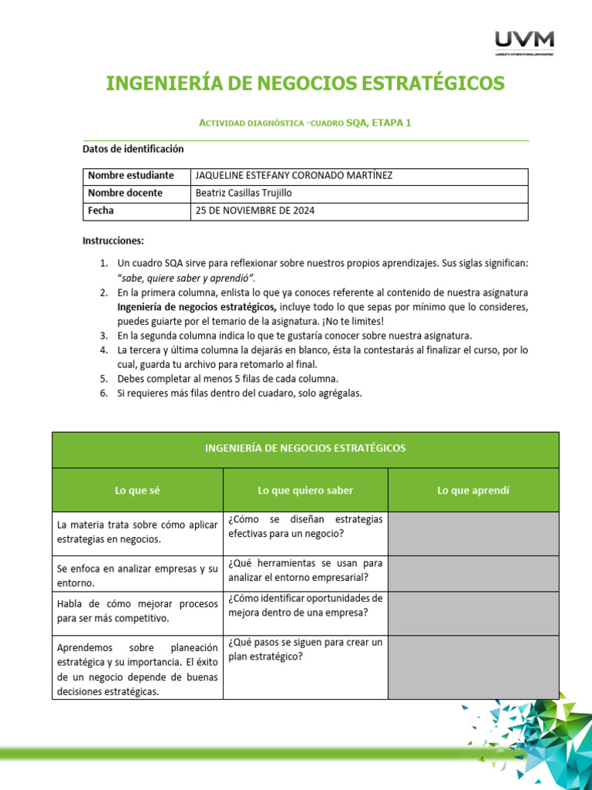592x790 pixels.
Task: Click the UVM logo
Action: [x=523, y=42]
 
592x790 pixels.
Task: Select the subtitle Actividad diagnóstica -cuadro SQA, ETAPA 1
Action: [x=305, y=123]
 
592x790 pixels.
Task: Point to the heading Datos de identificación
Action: [x=133, y=149]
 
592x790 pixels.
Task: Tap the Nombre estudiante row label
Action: [x=130, y=176]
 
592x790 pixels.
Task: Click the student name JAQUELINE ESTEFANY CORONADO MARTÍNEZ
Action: [x=294, y=176]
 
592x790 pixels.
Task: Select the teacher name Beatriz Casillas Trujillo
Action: [x=244, y=193]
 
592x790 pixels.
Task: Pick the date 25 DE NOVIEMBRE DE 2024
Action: [x=256, y=211]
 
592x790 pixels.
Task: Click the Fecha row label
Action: [x=101, y=211]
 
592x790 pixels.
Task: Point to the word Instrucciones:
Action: [x=113, y=241]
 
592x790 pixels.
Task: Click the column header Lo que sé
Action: [x=137, y=490]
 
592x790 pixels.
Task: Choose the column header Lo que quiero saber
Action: [x=305, y=490]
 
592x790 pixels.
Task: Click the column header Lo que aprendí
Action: [x=473, y=490]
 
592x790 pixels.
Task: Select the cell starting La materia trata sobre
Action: [x=137, y=532]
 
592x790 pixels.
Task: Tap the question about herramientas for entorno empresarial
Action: [x=305, y=569]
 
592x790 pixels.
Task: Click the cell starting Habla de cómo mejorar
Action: [x=137, y=611]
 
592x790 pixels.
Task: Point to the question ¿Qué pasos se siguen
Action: [x=305, y=649]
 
